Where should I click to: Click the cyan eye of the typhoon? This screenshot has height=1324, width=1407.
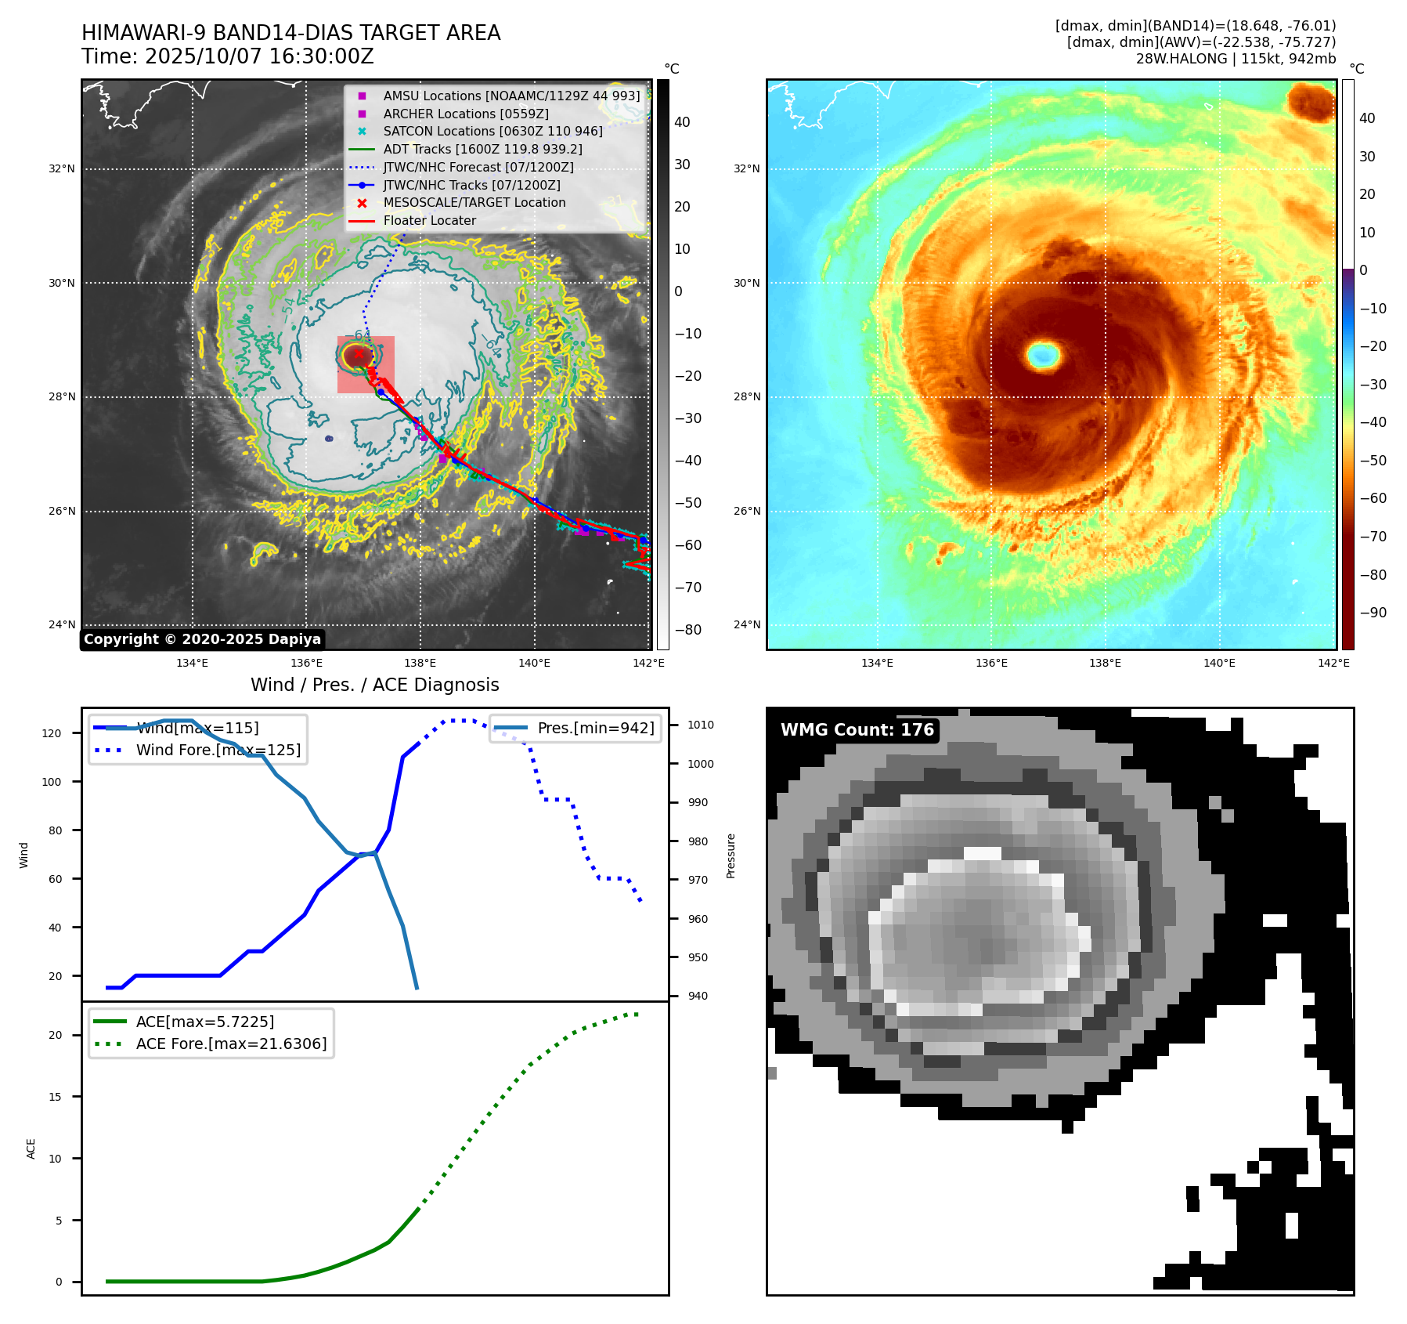(x=1043, y=355)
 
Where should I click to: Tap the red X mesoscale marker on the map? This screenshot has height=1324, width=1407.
(x=359, y=354)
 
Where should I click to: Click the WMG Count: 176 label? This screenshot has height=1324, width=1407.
(x=857, y=730)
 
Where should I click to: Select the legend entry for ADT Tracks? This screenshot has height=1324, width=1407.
(x=482, y=149)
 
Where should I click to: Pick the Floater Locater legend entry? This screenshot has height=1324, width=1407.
(x=429, y=221)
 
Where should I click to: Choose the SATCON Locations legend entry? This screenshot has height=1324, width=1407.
(x=492, y=132)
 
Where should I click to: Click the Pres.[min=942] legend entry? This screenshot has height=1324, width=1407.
(x=595, y=728)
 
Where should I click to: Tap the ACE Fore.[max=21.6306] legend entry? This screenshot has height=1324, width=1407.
(x=231, y=1044)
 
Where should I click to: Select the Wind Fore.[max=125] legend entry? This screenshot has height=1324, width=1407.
(x=218, y=750)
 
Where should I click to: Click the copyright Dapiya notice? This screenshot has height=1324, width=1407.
(x=202, y=639)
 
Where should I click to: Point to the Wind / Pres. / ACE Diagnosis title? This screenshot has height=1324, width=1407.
(x=374, y=685)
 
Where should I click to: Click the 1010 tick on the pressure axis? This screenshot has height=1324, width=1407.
(x=701, y=725)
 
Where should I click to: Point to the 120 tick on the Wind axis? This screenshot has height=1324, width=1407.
(x=52, y=733)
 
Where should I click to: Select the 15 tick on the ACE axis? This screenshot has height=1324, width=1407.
(x=55, y=1097)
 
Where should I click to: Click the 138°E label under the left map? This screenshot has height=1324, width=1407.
(x=420, y=664)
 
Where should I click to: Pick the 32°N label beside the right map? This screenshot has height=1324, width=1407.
(x=746, y=169)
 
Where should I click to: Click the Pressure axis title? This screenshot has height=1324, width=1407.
(x=731, y=856)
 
